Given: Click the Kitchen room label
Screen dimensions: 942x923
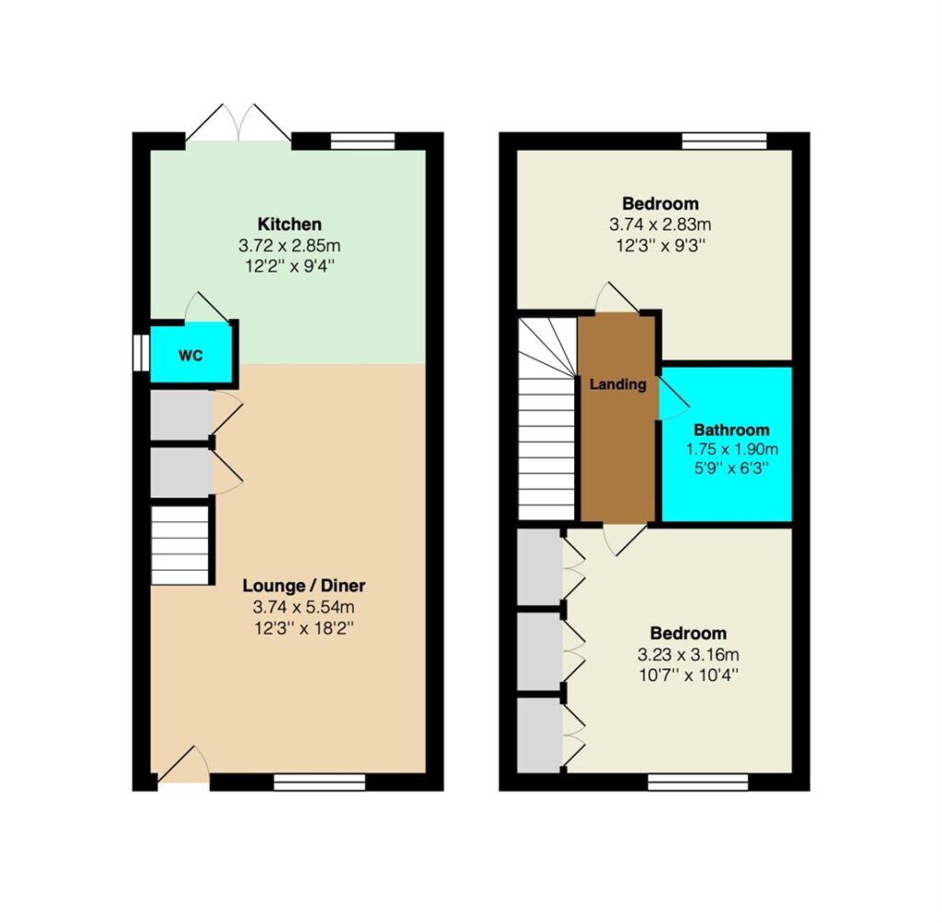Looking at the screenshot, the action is tap(290, 224).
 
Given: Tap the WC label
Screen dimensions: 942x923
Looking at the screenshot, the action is tap(190, 356).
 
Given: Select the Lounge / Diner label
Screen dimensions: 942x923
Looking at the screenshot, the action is tap(304, 586).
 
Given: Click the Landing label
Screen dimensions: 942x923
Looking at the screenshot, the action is tap(617, 384).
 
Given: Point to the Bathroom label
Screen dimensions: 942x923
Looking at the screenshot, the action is tap(731, 430).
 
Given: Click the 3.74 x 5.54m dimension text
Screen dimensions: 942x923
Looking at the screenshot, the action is tap(304, 607).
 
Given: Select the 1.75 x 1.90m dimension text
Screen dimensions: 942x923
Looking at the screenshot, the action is tap(731, 450).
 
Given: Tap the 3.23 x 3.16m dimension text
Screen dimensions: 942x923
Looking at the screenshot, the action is tap(688, 655).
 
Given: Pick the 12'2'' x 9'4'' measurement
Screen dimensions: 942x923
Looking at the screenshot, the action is tap(290, 266).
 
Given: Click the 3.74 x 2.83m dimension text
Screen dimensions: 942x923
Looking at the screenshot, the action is tap(661, 224).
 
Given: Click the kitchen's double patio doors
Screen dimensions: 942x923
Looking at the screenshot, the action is tap(238, 124).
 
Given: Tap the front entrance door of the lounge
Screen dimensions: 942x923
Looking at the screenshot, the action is tap(183, 765).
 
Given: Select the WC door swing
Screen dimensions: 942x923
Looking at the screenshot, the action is tap(207, 307).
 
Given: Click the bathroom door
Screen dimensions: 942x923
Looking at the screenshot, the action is tap(673, 397).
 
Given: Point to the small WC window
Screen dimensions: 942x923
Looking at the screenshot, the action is tap(141, 352).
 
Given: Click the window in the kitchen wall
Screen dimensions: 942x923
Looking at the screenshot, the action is tap(362, 141).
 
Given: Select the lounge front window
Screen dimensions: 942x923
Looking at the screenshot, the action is tap(319, 781).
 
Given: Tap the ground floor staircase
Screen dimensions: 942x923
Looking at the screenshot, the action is tap(179, 545).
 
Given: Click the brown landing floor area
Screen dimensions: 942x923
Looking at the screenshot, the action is tap(617, 417).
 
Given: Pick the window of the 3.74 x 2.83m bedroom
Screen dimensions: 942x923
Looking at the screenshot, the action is tap(725, 141).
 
